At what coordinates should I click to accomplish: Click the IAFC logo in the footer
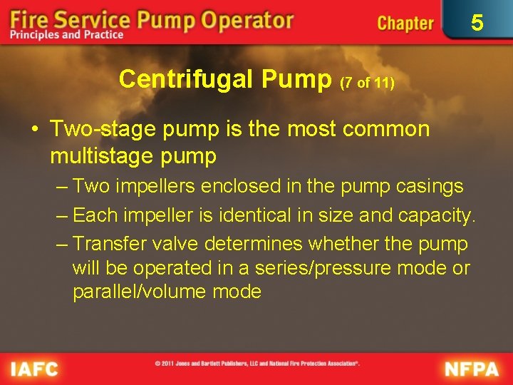pyautogui.click(x=34, y=369)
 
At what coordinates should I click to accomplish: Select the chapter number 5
pyautogui.click(x=477, y=23)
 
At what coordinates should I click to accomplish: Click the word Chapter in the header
pyautogui.click(x=405, y=23)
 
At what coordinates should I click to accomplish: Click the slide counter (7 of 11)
pyautogui.click(x=367, y=83)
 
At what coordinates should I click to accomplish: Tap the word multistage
pyautogui.click(x=104, y=154)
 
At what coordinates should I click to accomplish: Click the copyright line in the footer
pyautogui.click(x=257, y=364)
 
